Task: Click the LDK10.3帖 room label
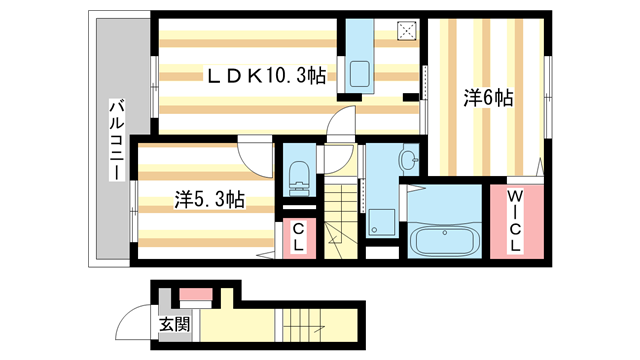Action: pos(266,74)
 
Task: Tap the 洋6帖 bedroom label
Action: pos(488,98)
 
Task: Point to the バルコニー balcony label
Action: pos(116,141)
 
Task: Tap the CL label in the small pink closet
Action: pos(298,238)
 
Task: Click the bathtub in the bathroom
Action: pos(446,243)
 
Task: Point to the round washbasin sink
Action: pos(407,159)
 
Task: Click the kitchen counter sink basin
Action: pos(359,72)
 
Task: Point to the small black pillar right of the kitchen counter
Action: pos(410,97)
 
